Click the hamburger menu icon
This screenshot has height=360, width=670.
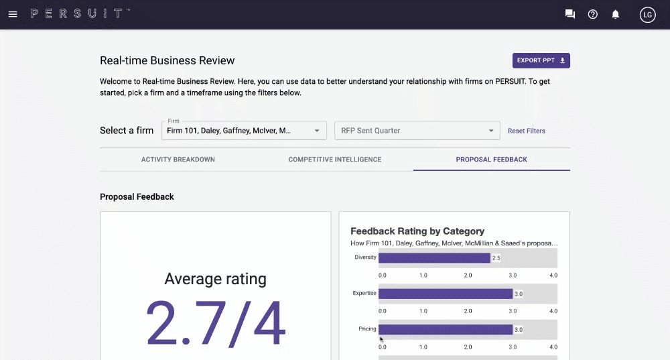[x=13, y=14]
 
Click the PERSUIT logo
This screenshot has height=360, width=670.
[x=80, y=13]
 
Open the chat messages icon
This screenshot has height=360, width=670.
[x=570, y=14]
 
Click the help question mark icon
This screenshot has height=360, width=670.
[x=592, y=14]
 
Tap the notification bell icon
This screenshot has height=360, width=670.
[x=616, y=14]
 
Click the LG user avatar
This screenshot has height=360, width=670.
[x=647, y=14]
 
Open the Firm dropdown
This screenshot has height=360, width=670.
[x=244, y=131]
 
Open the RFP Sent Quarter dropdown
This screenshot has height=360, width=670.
[x=417, y=131]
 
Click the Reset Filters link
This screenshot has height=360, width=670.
[x=526, y=131]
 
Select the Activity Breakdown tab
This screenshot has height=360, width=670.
[x=178, y=160]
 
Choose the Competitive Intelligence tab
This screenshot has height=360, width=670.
[x=335, y=160]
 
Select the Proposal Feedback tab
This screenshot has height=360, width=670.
[x=491, y=160]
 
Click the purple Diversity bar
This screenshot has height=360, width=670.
[x=434, y=257]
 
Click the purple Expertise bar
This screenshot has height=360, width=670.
[x=445, y=294]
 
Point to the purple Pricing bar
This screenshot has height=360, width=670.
[x=445, y=329]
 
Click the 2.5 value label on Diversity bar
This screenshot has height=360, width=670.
[x=496, y=257]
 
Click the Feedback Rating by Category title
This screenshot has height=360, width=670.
[x=417, y=231]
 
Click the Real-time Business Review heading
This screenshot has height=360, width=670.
[x=167, y=60]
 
